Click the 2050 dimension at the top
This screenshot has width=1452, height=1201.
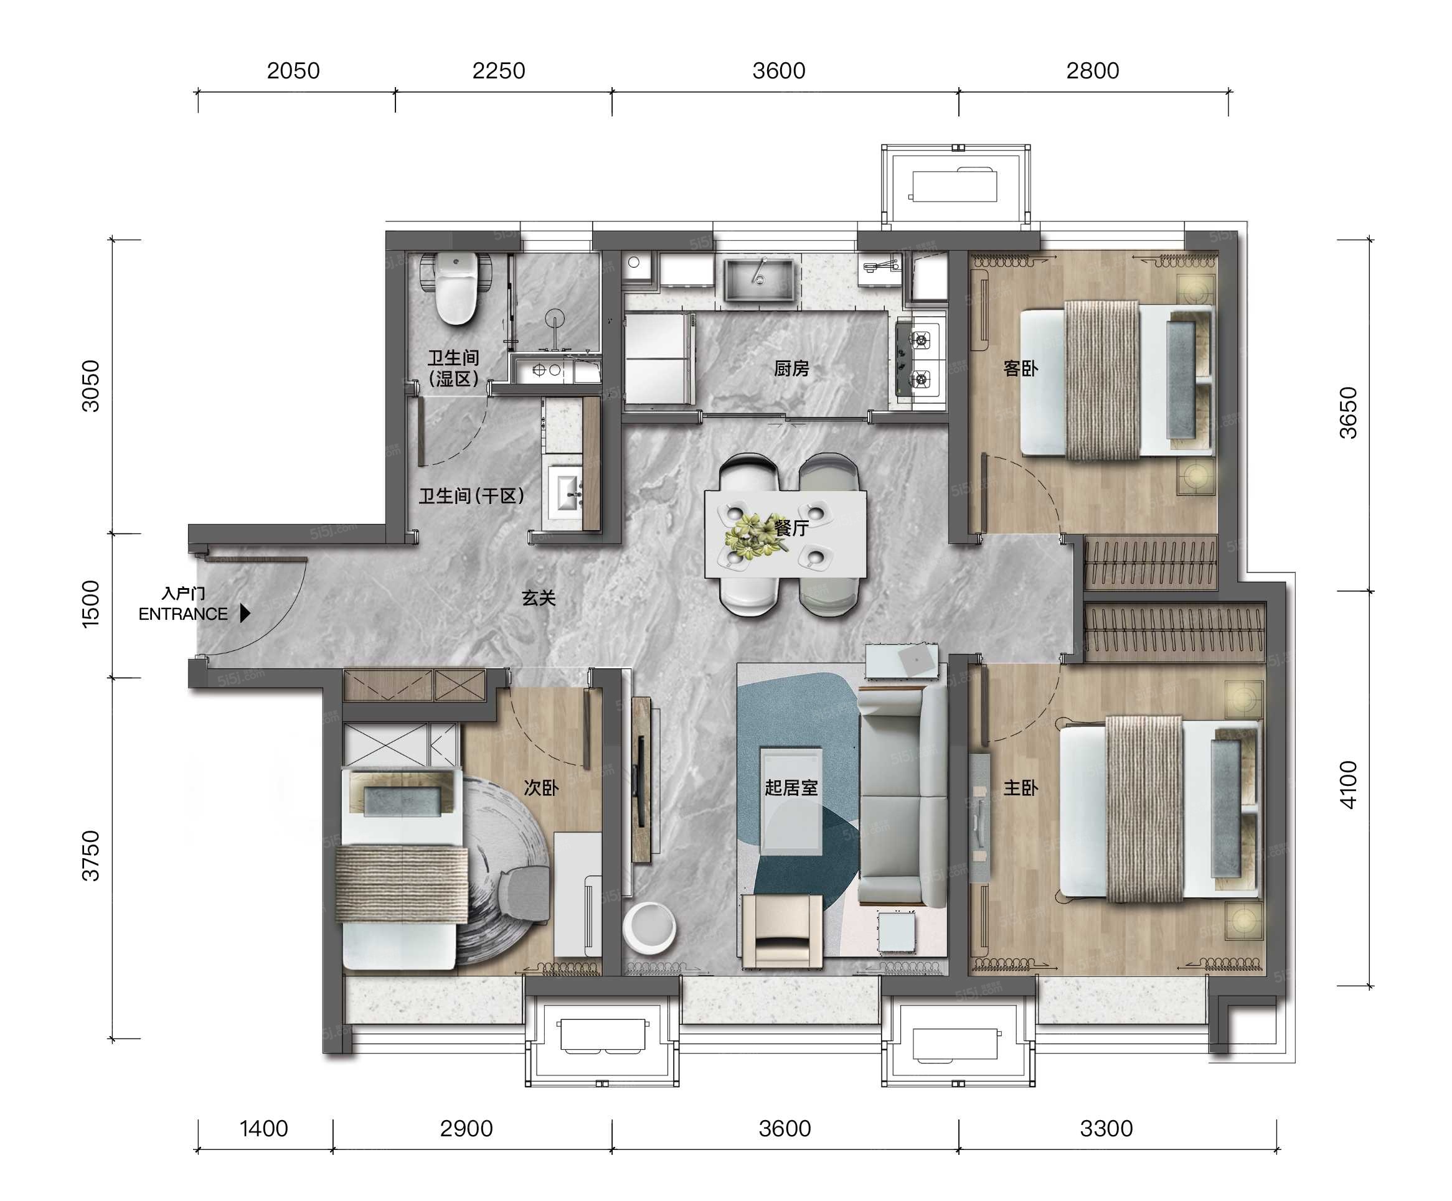[x=293, y=70]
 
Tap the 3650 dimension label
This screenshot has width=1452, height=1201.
[x=1348, y=413]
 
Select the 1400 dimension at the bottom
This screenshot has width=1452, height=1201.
[x=263, y=1128]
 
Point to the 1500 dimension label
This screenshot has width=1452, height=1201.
[x=90, y=604]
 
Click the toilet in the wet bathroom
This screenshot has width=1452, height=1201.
[x=456, y=288]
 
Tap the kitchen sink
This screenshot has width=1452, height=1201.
[x=758, y=279]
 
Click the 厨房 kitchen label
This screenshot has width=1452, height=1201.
[x=791, y=368]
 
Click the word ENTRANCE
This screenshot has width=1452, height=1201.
[x=182, y=614]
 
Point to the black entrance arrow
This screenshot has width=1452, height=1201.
[x=245, y=613]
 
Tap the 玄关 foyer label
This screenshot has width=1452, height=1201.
[x=539, y=598]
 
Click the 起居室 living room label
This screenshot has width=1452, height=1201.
[x=791, y=787]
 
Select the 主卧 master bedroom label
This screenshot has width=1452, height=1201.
[x=1021, y=787]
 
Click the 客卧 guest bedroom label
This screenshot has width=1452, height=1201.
[x=1021, y=368]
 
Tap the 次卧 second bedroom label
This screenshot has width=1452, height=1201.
[x=540, y=787]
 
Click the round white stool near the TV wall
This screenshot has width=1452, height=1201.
[x=649, y=927]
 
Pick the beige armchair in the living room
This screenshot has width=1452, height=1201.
[x=782, y=930]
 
